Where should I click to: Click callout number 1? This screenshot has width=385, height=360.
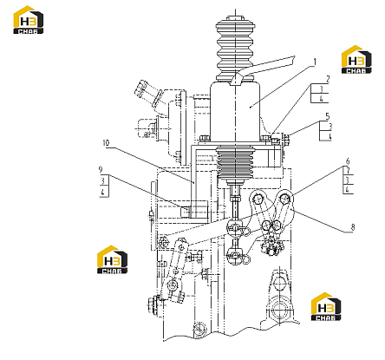point(315,62)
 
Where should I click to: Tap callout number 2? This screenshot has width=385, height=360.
point(328,79)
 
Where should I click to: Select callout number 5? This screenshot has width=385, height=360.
point(327,116)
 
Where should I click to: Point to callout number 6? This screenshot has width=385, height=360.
point(348,161)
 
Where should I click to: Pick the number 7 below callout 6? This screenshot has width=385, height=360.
point(348,171)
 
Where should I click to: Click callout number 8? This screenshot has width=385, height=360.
point(353,227)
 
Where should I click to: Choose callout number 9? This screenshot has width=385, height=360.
point(101,169)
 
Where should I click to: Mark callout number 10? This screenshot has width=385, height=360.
point(106,143)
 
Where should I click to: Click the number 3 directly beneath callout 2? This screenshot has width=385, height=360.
point(321,89)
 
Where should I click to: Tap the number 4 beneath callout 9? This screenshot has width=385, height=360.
point(103,192)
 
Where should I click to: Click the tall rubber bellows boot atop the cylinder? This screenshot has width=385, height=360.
point(235,49)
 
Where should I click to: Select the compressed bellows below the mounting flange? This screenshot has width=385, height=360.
point(235,162)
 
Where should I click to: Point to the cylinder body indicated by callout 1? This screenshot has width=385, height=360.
point(235,112)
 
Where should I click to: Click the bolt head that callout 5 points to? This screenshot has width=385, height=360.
point(285,139)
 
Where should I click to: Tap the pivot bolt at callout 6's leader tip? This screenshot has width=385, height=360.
point(285,199)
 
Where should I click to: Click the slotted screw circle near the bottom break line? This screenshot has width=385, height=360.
point(199,329)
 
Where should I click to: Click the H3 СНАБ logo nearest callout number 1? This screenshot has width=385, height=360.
point(356,60)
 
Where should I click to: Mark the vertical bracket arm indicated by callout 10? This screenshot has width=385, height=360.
point(193,180)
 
